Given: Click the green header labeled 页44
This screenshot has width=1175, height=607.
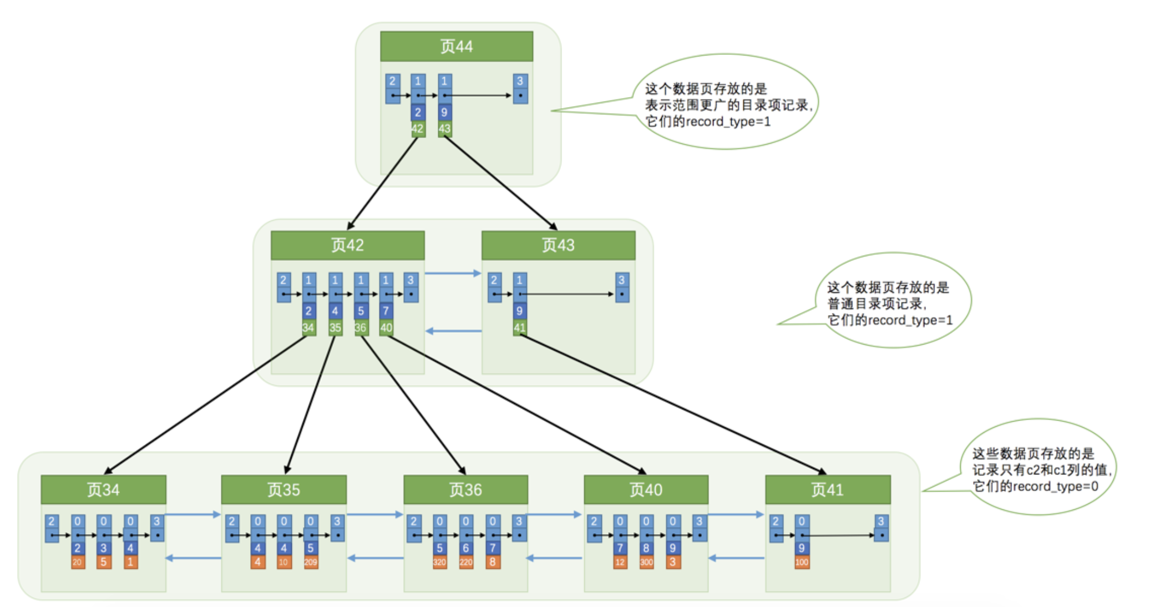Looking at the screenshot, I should coord(456,46).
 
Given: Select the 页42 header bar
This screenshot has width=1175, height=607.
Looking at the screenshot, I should coord(347,245).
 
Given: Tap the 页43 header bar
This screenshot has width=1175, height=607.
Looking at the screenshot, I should coord(558,245).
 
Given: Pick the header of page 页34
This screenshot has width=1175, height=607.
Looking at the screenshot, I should coord(103,489).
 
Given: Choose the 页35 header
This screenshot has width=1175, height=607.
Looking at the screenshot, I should coord(283,489).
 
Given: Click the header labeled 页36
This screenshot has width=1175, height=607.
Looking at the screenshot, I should coord(465,489).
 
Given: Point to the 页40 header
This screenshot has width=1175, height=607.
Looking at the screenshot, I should coord(646,489).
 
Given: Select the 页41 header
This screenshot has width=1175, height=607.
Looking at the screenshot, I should coord(828,489).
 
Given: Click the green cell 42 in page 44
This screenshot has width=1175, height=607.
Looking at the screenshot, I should coord(418,129).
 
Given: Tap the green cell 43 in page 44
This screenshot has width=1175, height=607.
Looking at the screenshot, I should coord(444,129).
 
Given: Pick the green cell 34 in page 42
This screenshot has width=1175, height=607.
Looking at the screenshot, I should coord(308,328).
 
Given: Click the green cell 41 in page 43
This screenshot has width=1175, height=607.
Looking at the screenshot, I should coord(519,328).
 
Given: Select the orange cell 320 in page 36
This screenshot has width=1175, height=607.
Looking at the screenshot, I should coord(439,562).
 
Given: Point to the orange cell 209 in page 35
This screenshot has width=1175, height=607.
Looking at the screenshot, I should coord(311,562).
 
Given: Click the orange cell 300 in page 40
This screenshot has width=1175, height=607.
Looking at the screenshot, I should coord(646,562).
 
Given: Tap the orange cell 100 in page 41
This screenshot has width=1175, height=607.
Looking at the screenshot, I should coord(802,562).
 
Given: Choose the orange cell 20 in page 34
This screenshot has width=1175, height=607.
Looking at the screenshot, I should coord(77,562).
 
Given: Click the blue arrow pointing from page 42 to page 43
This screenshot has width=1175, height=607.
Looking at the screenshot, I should coord(453,273).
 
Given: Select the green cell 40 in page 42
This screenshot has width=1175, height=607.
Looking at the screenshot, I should coord(386,328).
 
